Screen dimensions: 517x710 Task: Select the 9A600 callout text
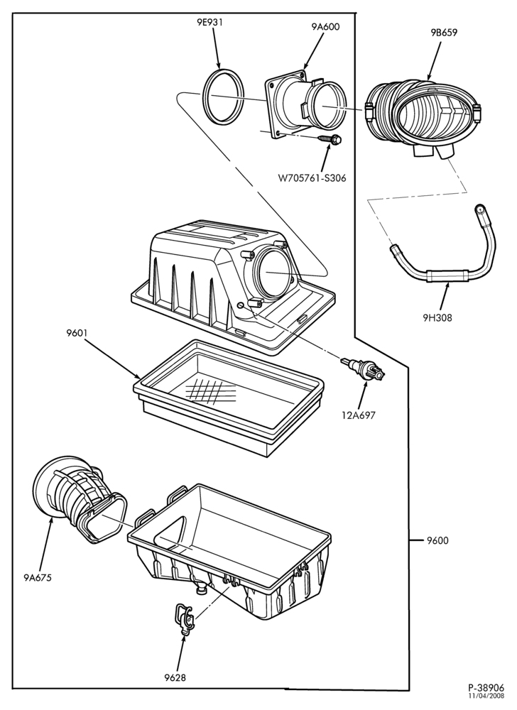click(325, 27)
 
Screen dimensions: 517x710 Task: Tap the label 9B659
click(444, 33)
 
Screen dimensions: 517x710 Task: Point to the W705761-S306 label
click(312, 178)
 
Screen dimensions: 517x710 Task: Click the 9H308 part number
click(437, 318)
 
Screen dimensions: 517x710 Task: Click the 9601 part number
click(76, 333)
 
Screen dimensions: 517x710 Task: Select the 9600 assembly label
click(437, 540)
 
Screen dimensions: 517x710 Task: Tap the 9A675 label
click(38, 577)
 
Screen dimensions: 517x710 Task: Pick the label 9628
click(175, 677)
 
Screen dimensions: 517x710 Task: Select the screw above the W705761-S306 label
click(330, 139)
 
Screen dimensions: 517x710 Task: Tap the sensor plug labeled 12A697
click(364, 368)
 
